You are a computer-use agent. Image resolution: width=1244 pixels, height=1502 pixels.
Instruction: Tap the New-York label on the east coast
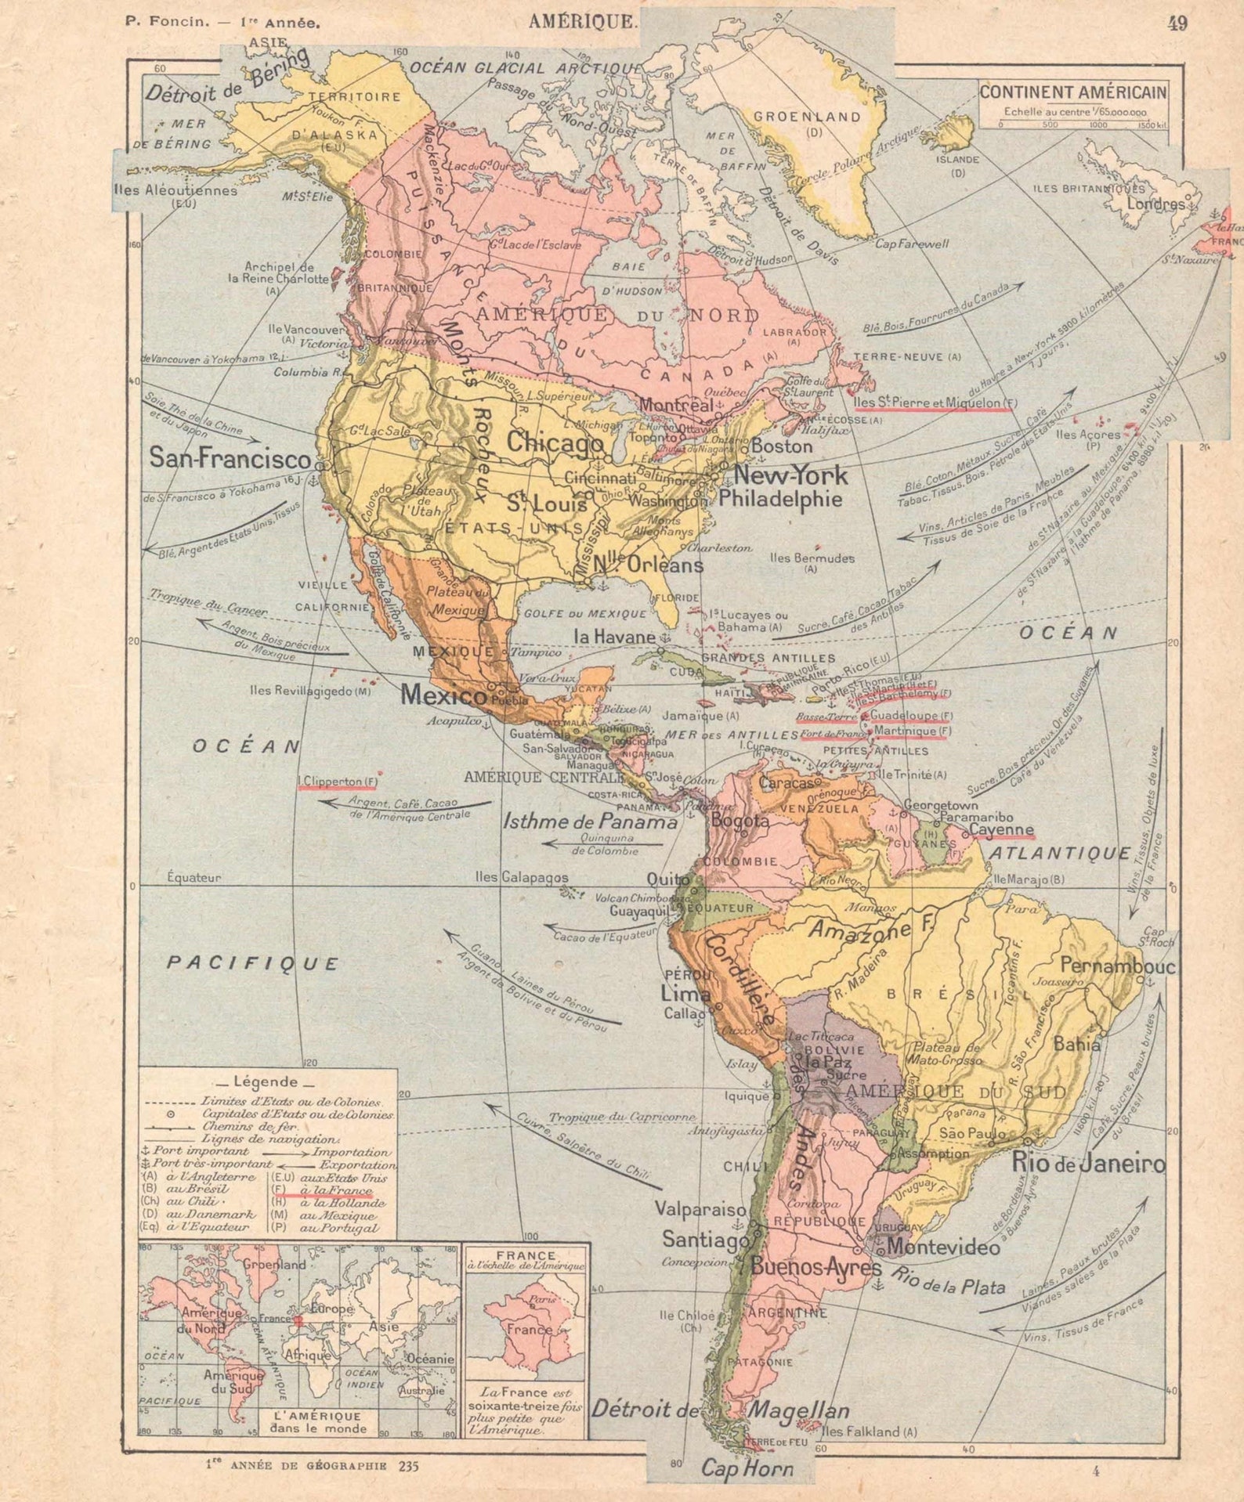pyautogui.click(x=790, y=475)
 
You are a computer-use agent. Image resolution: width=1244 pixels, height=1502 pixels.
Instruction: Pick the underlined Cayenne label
pyautogui.click(x=1001, y=830)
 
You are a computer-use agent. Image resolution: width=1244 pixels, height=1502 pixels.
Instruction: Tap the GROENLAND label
pyautogui.click(x=807, y=117)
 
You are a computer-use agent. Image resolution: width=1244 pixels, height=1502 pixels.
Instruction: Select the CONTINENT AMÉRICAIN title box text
pyautogui.click(x=1072, y=92)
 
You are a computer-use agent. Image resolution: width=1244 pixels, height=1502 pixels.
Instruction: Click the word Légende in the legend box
pyautogui.click(x=266, y=1081)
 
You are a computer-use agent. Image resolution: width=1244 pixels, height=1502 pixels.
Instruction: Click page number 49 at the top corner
pyautogui.click(x=1177, y=23)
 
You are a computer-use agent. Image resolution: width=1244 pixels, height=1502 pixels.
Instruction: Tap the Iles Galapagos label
pyautogui.click(x=522, y=877)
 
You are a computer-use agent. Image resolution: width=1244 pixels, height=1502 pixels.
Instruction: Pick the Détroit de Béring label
pyautogui.click(x=227, y=84)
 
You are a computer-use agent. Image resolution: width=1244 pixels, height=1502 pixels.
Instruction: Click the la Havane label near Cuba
pyautogui.click(x=615, y=637)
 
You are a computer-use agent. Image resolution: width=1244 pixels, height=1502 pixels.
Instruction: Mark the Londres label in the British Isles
pyautogui.click(x=1155, y=204)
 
